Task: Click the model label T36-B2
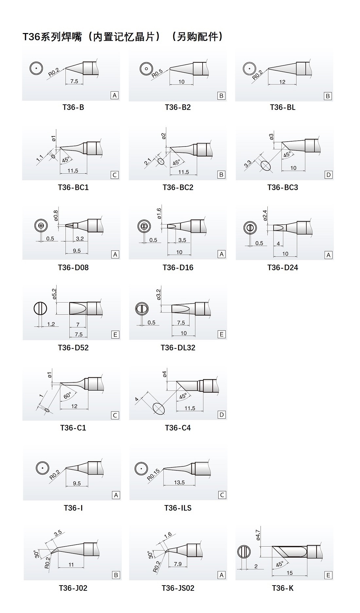pos(178,107)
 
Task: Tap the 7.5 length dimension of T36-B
pos(74,81)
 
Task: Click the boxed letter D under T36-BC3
pos(328,175)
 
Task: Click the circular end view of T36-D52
pos(40,308)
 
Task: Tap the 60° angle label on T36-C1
pos(67,395)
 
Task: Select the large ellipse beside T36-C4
pos(159,408)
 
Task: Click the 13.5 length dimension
pos(179,482)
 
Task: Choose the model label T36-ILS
pos(178,508)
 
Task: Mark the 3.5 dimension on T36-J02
pos(58,533)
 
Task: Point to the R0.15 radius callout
pos(153,475)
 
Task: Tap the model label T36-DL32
pos(178,348)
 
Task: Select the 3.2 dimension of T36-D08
pos(80,239)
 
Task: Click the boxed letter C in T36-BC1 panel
pos(115,175)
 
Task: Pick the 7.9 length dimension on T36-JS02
pos(178,564)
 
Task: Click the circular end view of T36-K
pos(244,552)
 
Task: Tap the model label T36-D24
pos(283,268)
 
